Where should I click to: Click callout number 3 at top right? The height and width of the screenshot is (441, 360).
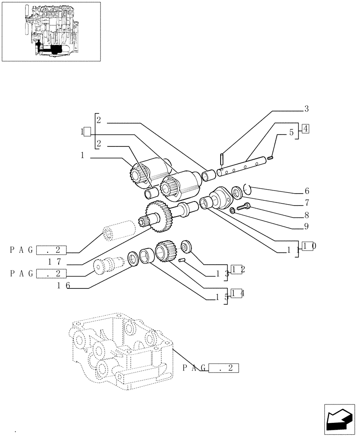[x=306, y=108]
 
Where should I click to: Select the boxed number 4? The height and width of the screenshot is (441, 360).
[x=306, y=129]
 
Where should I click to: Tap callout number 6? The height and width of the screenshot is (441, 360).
[x=306, y=191]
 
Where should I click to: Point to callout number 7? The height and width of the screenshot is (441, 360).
[x=306, y=203]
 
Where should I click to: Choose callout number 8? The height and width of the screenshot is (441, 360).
[x=306, y=216]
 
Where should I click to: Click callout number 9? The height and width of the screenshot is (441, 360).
[x=306, y=227]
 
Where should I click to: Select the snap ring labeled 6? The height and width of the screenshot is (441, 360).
[x=247, y=189]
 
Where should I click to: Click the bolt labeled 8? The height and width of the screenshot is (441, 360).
[x=243, y=206]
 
